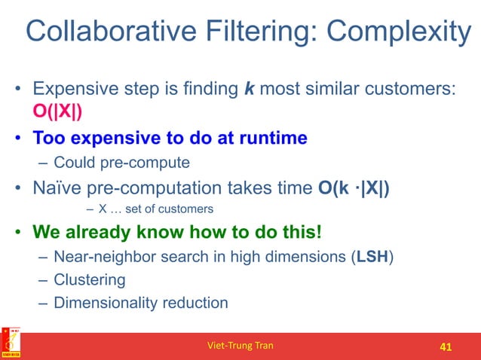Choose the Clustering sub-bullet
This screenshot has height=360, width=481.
[89, 279]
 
